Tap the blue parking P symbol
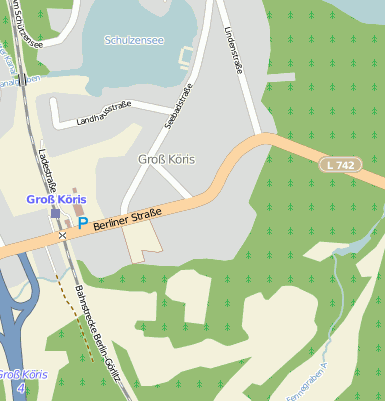83,224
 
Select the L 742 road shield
341,164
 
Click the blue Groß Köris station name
56,199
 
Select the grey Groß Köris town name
166,159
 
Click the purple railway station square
56,213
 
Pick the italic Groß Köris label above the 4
21,374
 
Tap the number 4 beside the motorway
21,386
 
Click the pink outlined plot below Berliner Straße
142,237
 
